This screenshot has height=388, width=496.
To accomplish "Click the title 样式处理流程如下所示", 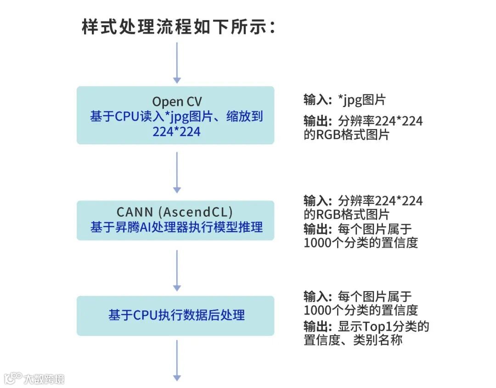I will point(179,27).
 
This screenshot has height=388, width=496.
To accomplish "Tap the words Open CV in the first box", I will point(177,101).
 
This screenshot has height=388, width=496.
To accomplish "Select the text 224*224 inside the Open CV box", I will point(177,132).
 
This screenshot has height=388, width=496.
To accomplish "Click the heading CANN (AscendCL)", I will point(175,212).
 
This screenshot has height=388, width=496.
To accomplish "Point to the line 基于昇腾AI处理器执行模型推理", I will point(177,227).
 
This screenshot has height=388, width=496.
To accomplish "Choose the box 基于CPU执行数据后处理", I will point(175,315).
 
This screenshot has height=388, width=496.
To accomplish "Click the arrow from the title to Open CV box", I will point(177,62).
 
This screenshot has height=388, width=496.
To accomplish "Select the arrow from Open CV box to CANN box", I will point(177,172).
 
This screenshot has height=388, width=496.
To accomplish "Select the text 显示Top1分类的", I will point(383,326).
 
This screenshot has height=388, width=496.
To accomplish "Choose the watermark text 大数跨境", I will point(44,379).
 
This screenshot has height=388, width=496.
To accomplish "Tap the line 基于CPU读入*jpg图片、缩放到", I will point(177,117).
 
